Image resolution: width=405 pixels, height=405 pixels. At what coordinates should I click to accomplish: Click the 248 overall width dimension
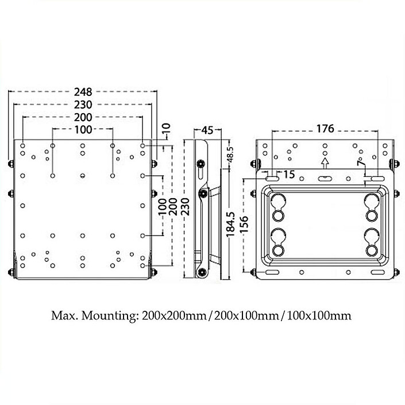click(x=83, y=92)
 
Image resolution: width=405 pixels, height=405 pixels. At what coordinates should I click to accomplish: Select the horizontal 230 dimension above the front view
click(x=83, y=105)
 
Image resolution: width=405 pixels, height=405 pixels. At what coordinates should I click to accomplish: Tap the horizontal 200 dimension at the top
click(x=83, y=117)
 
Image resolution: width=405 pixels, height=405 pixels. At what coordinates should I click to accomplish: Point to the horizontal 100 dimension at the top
click(x=83, y=129)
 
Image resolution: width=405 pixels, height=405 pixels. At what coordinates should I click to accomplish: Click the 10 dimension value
click(x=167, y=127)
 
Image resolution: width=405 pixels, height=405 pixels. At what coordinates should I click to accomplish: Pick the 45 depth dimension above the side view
click(x=207, y=130)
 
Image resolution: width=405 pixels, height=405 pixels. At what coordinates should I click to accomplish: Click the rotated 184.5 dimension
click(x=230, y=225)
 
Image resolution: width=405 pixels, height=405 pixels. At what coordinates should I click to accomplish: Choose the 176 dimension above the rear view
click(x=325, y=129)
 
